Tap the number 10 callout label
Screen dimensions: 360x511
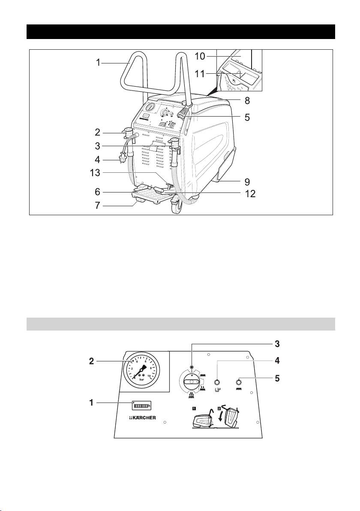(x=200, y=56)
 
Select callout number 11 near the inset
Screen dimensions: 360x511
(x=200, y=74)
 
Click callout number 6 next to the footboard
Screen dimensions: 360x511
(x=97, y=192)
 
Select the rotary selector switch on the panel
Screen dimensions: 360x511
(x=192, y=381)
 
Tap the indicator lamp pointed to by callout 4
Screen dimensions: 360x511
(x=217, y=382)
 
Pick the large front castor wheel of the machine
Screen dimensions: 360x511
(x=176, y=206)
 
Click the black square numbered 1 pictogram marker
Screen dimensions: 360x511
(x=194, y=408)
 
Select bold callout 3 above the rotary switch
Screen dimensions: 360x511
(x=276, y=343)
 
